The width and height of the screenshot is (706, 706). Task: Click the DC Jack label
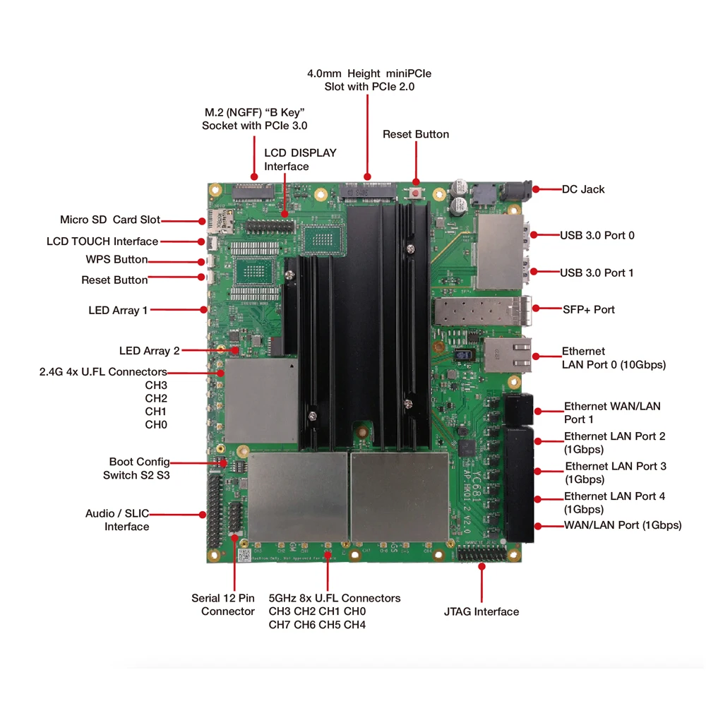pos(583,189)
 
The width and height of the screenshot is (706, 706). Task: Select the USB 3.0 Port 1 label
pos(597,273)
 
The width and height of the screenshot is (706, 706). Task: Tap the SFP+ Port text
pos(589,309)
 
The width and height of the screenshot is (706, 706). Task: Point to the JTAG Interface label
pos(481,611)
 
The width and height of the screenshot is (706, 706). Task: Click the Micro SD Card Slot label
pos(109,220)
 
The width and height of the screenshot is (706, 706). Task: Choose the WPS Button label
pos(116,259)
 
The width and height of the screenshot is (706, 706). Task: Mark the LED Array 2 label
pos(149,351)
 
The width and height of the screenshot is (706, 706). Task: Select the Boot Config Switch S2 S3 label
pos(137,469)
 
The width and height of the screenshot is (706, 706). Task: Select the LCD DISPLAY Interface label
pos(300,160)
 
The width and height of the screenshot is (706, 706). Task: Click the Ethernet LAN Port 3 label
pos(614,472)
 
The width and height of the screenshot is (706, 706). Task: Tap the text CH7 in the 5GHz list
pos(280,624)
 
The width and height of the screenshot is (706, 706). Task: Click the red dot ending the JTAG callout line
pos(482,563)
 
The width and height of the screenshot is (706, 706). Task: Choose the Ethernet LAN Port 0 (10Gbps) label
pos(613,358)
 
